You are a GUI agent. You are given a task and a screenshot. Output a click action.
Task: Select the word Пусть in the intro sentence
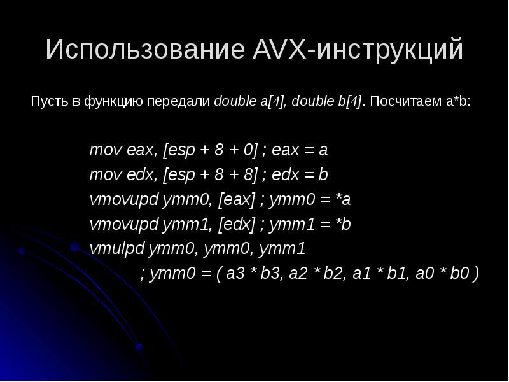[45, 101]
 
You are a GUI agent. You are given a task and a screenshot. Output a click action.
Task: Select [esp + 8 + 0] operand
[211, 151]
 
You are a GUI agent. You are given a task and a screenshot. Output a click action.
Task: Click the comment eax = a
[300, 151]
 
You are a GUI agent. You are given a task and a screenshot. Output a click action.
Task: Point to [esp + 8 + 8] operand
[211, 174]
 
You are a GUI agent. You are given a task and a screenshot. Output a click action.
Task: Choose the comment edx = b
[300, 174]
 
